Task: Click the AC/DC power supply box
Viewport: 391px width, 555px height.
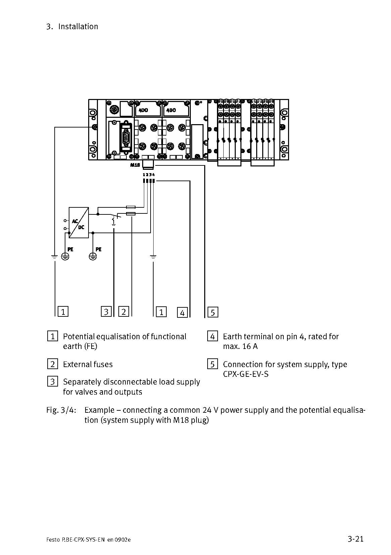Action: tap(79, 222)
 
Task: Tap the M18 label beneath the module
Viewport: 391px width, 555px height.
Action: tap(135, 165)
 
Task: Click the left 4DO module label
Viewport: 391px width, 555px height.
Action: tap(144, 110)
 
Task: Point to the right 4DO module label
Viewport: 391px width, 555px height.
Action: tap(171, 110)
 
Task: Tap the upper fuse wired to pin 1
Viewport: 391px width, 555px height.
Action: tap(130, 207)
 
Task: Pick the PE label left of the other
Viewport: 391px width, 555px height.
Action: tap(70, 249)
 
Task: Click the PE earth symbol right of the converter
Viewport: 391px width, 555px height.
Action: tap(93, 256)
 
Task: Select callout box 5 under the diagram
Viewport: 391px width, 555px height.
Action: tap(213, 312)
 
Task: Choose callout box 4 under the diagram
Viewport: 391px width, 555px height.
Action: tap(182, 312)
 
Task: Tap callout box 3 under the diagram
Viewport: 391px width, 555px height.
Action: tap(106, 312)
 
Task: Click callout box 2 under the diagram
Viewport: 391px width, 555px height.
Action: tap(124, 312)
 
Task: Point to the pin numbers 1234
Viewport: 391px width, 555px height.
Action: tap(149, 174)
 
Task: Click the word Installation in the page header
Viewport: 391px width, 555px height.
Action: tap(78, 27)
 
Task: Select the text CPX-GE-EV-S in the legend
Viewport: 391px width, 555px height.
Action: tap(246, 374)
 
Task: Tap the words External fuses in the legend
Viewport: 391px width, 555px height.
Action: tap(88, 364)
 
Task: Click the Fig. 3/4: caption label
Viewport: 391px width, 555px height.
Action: tap(61, 410)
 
